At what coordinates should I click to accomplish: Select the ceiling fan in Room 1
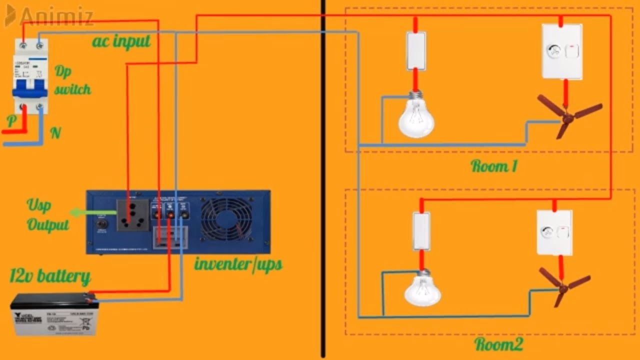point(568,116)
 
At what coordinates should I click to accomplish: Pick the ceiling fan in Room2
point(564,286)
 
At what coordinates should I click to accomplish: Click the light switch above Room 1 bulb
point(415,51)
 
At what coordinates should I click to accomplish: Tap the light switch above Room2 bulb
point(421,231)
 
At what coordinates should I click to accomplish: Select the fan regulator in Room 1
point(562,51)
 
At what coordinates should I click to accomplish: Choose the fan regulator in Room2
point(554,232)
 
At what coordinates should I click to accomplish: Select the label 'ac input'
point(121,41)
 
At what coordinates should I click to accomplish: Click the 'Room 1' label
point(493,166)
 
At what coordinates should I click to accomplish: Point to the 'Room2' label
point(498,344)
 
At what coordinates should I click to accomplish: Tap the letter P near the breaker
point(11,120)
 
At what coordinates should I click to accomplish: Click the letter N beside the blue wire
point(55,133)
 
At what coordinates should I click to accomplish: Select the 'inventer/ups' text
point(238,264)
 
